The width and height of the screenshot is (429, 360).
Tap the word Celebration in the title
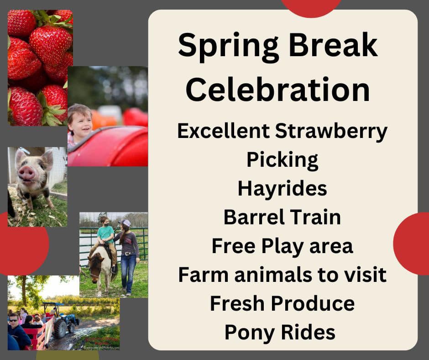coord(278,90)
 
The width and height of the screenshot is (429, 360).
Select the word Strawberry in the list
coord(331,132)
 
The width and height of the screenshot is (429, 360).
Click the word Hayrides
coord(283,189)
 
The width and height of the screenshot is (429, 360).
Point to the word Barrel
coord(254,217)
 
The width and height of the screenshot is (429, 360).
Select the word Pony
coord(250,333)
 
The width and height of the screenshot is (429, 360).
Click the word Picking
coord(283,160)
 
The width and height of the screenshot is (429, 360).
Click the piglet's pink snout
coord(26,174)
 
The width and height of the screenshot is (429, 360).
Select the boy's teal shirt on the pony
coord(106,234)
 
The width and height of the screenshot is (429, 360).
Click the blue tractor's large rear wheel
coord(60,328)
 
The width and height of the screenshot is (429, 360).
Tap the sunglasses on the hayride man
coord(13,320)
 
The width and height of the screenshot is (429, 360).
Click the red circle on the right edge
coord(411,244)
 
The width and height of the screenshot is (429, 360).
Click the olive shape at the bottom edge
coord(68,355)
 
